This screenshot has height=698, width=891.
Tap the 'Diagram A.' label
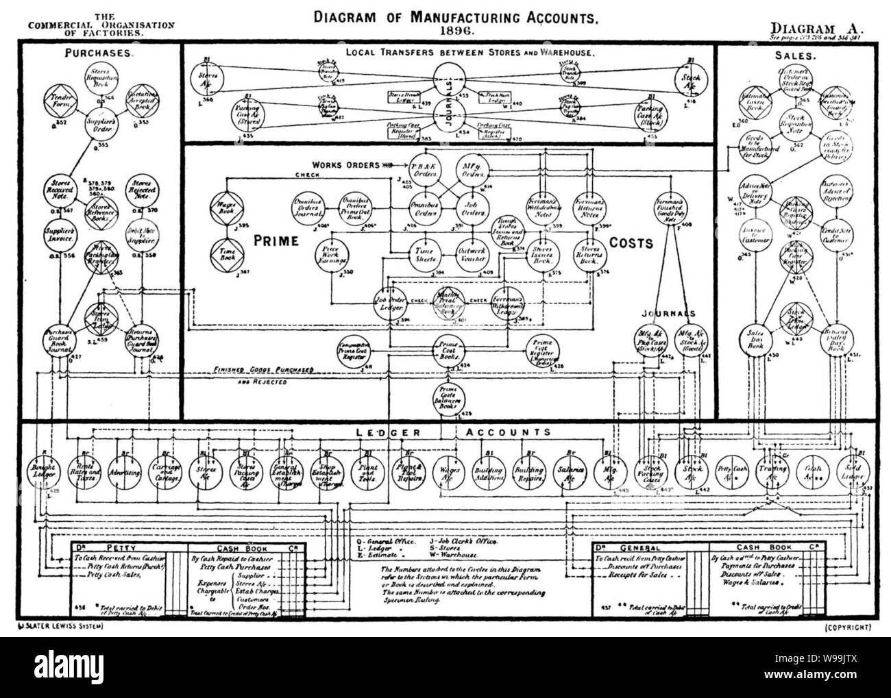(817, 28)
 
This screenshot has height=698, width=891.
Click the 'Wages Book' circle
(224, 204)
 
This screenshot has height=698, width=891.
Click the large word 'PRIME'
(276, 241)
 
